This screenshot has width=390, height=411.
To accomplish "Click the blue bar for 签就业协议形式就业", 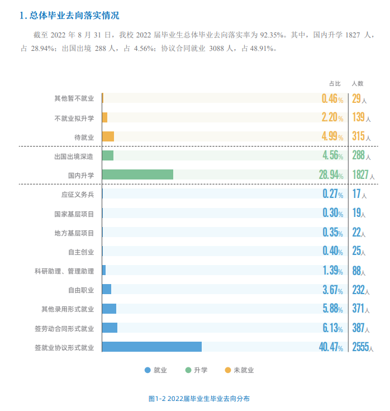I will coord(151,347).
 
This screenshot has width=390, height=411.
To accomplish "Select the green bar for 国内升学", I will coord(137,174).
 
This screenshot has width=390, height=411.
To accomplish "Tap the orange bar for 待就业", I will coord(108,136).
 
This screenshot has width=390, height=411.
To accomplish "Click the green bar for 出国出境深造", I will coord(108,155).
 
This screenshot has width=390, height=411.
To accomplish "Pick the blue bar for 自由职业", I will coord(106,289).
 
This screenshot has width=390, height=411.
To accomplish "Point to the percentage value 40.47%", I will coord(331,347).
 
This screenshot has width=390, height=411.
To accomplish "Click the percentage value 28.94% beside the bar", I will coord(331,175).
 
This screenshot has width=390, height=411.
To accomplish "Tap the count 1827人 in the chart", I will coord(363,175).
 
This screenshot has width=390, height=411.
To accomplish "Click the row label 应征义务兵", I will coord(78,195).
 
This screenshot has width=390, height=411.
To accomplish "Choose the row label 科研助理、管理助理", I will coord(64,271).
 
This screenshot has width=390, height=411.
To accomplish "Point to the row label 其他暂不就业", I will coord(74,98).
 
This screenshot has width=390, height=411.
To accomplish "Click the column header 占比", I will coord(335,83).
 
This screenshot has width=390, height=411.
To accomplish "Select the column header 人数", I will coord(358,83).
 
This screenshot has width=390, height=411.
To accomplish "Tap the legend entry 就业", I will coord(156,370).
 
